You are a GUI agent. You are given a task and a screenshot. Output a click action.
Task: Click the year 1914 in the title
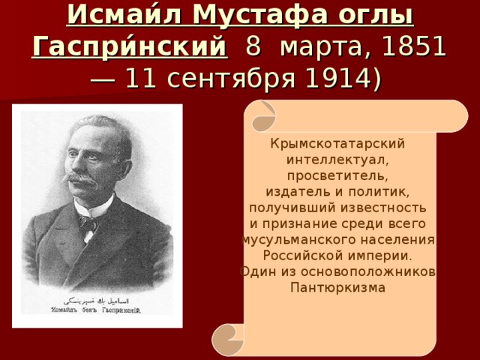coord(334,79)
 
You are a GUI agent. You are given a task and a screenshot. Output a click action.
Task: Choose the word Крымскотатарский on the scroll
coord(338,143)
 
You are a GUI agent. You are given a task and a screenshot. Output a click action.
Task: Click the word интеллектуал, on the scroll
coord(338,160)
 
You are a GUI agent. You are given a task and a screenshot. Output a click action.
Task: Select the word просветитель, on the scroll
coord(338,176)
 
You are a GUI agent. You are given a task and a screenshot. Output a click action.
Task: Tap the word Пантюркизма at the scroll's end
coord(338,288)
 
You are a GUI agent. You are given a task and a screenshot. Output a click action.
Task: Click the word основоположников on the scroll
coord(373,271)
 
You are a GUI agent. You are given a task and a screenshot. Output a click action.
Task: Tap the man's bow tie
coord(88,222)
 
